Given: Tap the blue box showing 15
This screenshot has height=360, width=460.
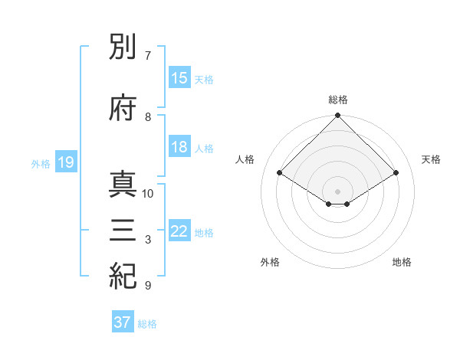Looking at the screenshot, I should pyautogui.click(x=179, y=79).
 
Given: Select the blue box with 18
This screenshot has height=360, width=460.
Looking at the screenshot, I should pyautogui.click(x=179, y=148).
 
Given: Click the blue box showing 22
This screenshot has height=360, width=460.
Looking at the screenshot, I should pyautogui.click(x=179, y=232).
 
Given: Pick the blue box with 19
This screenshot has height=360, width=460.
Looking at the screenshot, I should pyautogui.click(x=65, y=162).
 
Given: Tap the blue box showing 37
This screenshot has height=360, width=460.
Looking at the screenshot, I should pyautogui.click(x=123, y=322).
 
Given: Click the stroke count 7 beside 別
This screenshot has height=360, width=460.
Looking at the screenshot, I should pyautogui.click(x=147, y=56).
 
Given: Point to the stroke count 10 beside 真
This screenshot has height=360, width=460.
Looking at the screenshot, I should pyautogui.click(x=148, y=194).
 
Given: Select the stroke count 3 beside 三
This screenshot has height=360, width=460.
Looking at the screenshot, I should pyautogui.click(x=147, y=240).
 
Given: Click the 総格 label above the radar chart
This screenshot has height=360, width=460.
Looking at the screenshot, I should pyautogui.click(x=338, y=100).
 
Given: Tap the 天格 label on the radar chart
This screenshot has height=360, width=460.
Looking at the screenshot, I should pyautogui.click(x=431, y=159).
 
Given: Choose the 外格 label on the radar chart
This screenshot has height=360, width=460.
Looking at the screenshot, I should pyautogui.click(x=270, y=262).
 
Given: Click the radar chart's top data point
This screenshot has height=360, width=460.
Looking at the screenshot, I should pyautogui.click(x=338, y=116).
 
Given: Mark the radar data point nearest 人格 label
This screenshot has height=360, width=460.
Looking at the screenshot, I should pyautogui.click(x=279, y=173).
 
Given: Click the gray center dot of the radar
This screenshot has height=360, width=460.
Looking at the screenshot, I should pyautogui.click(x=338, y=191).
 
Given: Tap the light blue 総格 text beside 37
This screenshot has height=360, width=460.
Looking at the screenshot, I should pyautogui.click(x=147, y=324).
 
